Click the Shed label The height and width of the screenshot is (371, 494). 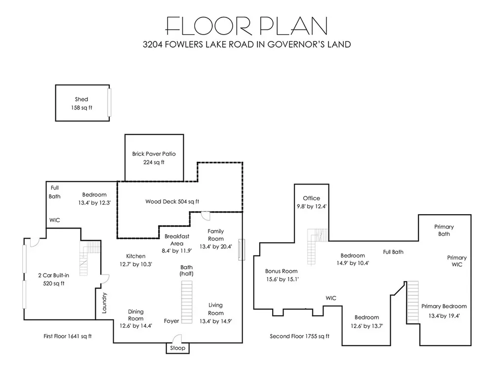coord(82,99)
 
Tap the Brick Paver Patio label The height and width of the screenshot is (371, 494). coord(154,154)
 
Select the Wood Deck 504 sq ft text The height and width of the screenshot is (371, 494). coord(172,202)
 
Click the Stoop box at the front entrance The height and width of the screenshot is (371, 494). coord(178,348)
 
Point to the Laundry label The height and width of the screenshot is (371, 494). coord(105,303)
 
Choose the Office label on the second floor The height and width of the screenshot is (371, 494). coord(312,198)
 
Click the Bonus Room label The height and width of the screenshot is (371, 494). coord(282,271)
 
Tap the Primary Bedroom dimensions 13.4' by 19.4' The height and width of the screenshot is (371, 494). coord(444,316)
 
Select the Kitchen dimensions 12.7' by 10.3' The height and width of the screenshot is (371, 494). coord(136,264)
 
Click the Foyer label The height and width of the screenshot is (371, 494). coord(171,321)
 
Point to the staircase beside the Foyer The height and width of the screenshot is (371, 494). coord(187,302)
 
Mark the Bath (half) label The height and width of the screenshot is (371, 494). coord(187,271)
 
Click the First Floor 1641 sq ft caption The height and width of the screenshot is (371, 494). coord(67,336)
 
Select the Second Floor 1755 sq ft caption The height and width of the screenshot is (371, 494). coord(300,336)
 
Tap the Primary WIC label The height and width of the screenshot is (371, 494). coord(457,261)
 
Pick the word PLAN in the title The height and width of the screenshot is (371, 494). coord(293,26)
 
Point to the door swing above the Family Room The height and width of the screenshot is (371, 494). coord(206,216)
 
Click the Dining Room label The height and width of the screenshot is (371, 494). coord(136,315)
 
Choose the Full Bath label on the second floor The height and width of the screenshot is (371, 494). coord(393,252)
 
